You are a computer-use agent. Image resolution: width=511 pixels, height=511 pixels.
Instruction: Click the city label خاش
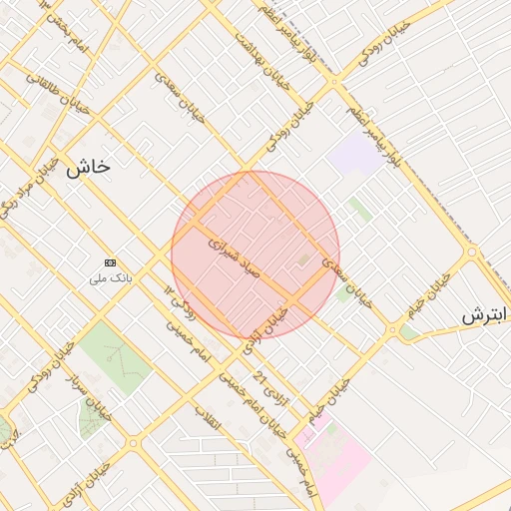[88, 169]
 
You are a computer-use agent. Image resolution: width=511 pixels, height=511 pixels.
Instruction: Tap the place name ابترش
[485, 315]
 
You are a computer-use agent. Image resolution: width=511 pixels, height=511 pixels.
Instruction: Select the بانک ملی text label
[111, 277]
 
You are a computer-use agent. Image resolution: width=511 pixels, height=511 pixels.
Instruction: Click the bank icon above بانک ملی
[110, 261]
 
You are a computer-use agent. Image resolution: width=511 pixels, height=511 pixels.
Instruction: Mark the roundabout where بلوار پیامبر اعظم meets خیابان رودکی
[471, 254]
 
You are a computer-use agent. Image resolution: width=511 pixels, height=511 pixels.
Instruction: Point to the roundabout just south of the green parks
[133, 442]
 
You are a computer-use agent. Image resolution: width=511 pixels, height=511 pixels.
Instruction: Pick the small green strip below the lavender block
[360, 210]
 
